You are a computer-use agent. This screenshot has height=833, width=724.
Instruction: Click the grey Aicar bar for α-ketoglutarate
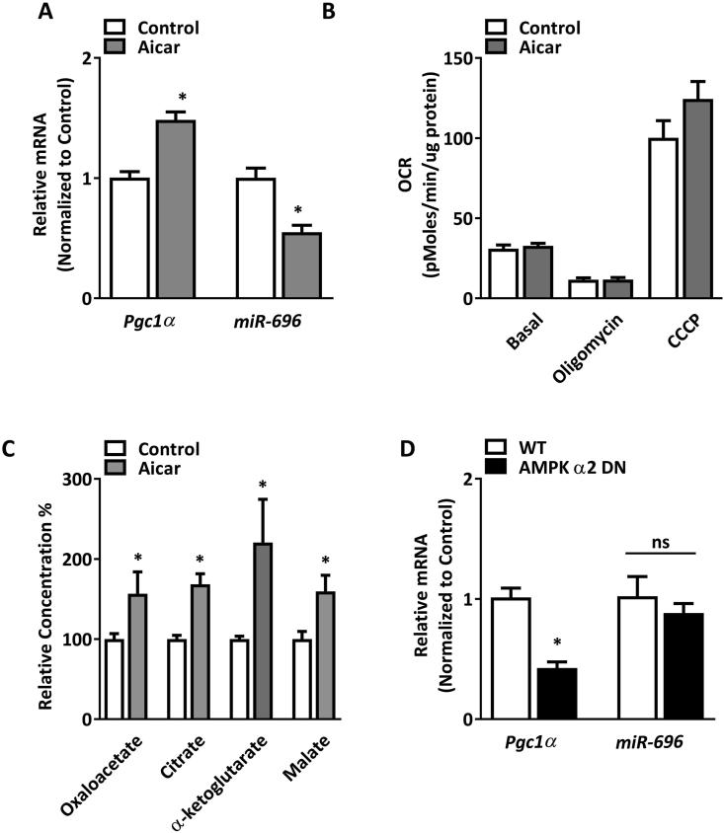263,631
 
